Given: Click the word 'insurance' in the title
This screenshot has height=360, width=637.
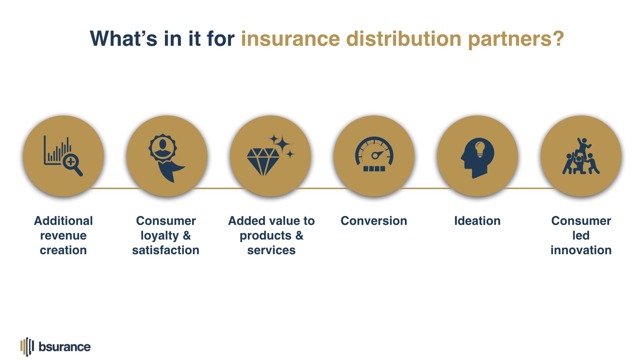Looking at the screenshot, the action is tap(290, 39).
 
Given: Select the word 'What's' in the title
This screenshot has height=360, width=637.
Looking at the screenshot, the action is tap(123, 39).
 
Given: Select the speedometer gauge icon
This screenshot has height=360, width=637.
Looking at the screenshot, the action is tap(374, 154).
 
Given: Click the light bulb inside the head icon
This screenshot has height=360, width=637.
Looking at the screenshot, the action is tap(480, 149).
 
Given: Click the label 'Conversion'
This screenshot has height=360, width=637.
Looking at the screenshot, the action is tap(374, 221).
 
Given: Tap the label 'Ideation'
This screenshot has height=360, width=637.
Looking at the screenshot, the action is tap(477, 221).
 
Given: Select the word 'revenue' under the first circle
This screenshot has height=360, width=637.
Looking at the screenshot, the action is tap(63, 236).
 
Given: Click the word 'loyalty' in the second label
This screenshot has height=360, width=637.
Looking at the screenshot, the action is tap(160, 236).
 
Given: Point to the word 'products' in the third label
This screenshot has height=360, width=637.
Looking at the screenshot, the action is tap(265, 236).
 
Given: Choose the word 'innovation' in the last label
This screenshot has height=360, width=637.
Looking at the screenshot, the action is tap(581, 250).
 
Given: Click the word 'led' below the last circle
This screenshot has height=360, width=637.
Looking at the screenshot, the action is tap(581, 235).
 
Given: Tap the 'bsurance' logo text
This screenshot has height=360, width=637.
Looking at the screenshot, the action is tap(65, 347).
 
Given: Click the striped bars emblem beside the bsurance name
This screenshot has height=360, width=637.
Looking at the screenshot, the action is tap(27, 347).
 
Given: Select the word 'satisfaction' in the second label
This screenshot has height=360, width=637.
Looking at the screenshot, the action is tap(166, 250).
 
